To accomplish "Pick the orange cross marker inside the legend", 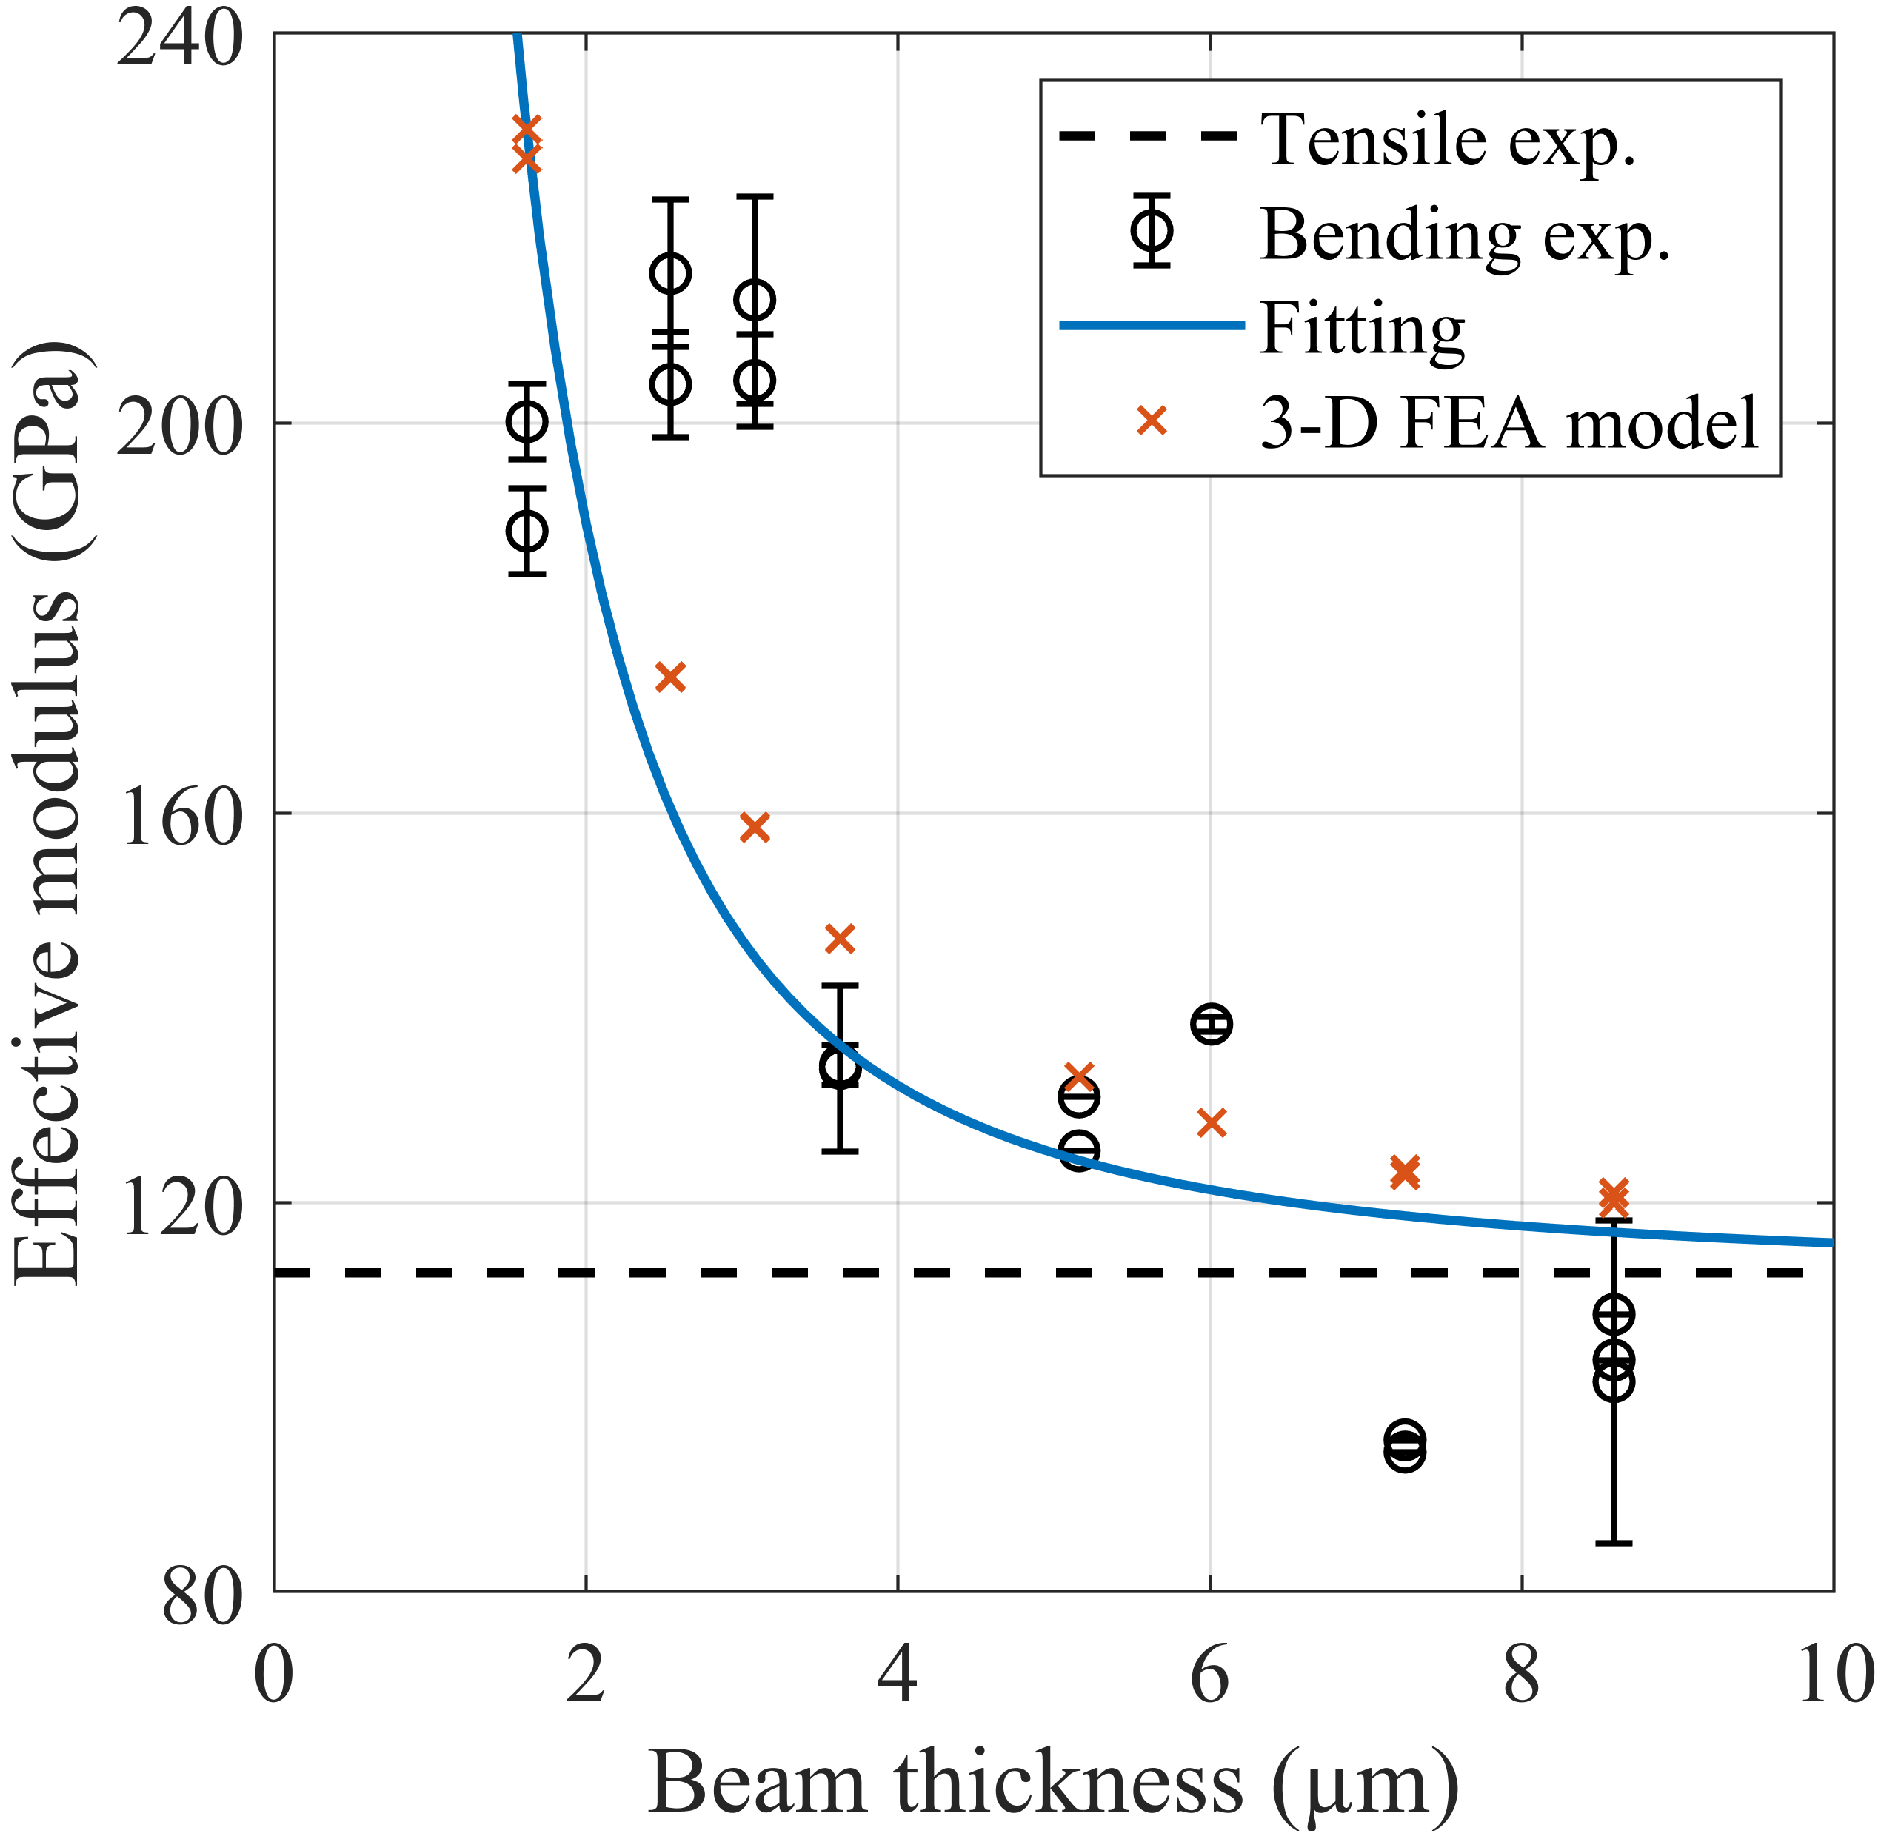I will (x=1152, y=421).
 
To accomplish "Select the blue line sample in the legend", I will (x=1152, y=326).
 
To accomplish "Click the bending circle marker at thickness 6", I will (x=1212, y=1023).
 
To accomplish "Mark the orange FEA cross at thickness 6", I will (x=1212, y=1122).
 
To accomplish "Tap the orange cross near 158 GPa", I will (x=755, y=828).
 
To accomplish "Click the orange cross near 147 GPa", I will (x=841, y=938).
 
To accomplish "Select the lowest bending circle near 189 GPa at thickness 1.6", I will (x=527, y=530).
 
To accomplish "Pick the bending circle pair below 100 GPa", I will (x=1405, y=1446).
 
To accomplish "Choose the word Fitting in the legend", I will (x=1362, y=329).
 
